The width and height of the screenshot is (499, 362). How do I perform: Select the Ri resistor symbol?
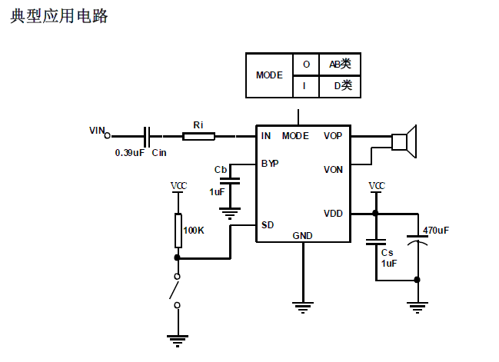(198, 136)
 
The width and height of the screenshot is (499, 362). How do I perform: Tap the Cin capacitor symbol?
(148, 136)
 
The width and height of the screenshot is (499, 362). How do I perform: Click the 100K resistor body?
(178, 229)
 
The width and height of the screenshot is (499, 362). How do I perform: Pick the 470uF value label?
(436, 230)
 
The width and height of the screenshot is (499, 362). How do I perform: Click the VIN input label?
(96, 131)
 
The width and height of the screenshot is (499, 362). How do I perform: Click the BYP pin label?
(270, 164)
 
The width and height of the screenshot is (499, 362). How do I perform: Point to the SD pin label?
(267, 225)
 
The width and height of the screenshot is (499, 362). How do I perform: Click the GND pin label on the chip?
(302, 235)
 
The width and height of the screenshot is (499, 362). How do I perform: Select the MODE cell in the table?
(269, 75)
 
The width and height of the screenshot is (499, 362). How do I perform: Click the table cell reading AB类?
(339, 65)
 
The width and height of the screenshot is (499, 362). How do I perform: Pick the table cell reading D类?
(339, 86)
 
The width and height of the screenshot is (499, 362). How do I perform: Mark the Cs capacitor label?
(388, 252)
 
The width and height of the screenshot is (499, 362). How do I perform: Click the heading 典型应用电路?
(59, 16)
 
